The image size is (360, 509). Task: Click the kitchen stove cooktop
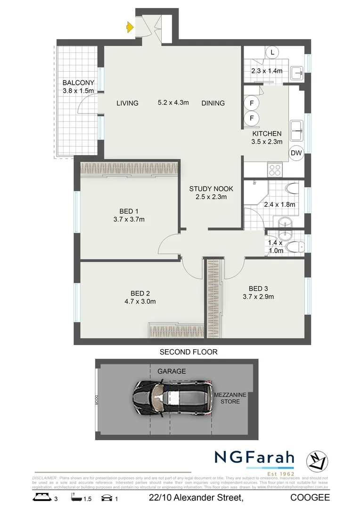tap(274, 168)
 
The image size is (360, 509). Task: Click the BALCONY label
tap(78, 83)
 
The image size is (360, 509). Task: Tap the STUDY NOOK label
tap(211, 189)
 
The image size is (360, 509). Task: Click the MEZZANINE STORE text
tap(227, 398)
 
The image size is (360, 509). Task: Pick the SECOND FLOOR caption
tap(188, 352)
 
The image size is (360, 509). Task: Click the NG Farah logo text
tap(254, 458)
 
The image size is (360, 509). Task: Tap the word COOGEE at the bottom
tap(310, 498)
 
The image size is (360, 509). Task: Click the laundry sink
tap(297, 73)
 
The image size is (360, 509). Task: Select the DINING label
tap(213, 103)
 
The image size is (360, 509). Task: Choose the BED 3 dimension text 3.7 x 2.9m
tap(258, 297)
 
